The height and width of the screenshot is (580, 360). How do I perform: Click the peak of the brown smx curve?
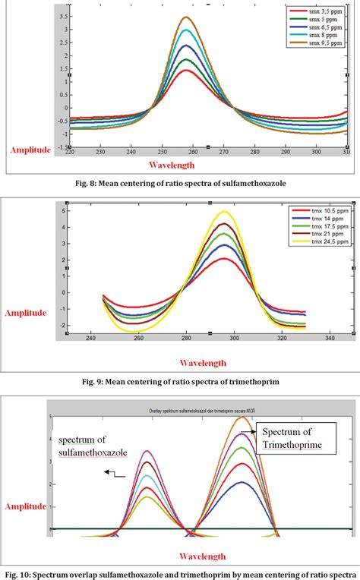[x=185, y=17]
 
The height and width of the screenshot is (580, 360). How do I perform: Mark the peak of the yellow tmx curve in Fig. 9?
[x=224, y=212]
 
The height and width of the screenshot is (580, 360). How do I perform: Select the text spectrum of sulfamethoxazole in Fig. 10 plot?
[x=93, y=446]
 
